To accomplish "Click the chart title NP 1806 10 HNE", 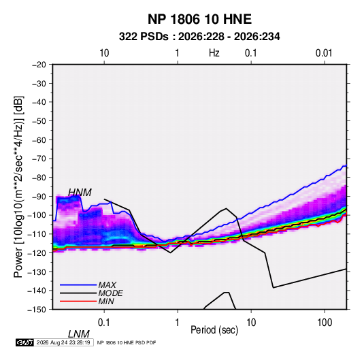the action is click(199, 19).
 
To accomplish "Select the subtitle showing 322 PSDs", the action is click(199, 37).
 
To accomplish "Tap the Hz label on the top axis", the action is click(214, 53).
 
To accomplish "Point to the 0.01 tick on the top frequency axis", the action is click(324, 53).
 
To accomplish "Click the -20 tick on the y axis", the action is click(39, 65).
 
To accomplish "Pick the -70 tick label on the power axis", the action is click(39, 159).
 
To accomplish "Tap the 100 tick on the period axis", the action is click(325, 323).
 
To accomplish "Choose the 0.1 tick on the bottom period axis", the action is click(104, 323).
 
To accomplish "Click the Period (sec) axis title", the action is click(214, 330).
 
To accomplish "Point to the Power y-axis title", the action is click(18, 187).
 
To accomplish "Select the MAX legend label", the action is click(107, 285).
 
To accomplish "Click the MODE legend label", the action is click(110, 293).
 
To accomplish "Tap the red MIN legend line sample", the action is click(78, 301).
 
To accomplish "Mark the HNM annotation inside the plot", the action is click(80, 193).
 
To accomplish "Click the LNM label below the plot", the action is click(79, 334).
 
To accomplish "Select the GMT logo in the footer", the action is click(24, 342).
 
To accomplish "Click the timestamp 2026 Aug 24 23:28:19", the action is click(63, 342).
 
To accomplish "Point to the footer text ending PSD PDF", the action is click(127, 343).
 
